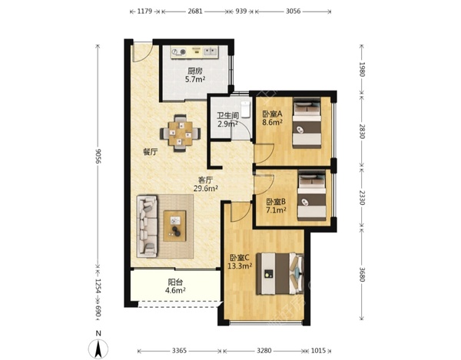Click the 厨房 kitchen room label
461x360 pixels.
click(x=195, y=71)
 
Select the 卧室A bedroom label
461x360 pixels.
click(x=272, y=114)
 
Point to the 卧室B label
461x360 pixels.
click(x=276, y=202)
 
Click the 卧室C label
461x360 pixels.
click(x=240, y=258)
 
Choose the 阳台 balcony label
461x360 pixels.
click(x=175, y=282)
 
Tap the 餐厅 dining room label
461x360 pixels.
click(x=151, y=152)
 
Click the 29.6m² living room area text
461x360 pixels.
click(x=206, y=188)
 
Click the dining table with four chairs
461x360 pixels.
click(x=181, y=133)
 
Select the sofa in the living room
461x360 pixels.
click(x=147, y=226)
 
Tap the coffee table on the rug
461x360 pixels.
click(x=175, y=226)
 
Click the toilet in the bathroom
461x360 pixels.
click(x=245, y=110)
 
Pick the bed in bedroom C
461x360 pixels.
click(x=280, y=274)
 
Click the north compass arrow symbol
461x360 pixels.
click(x=98, y=348)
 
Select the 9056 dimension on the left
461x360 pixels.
click(x=98, y=157)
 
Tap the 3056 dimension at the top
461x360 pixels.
click(x=294, y=12)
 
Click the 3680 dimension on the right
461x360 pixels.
click(x=362, y=274)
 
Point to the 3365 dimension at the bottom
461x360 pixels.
click(x=180, y=350)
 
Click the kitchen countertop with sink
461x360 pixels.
click(x=194, y=52)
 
